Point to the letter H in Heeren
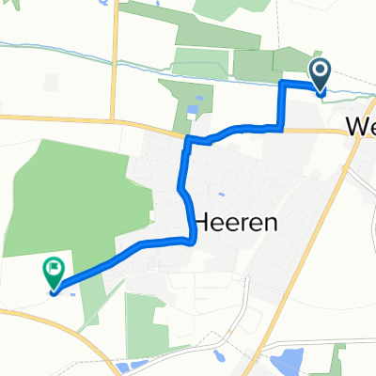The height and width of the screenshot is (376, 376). click(203, 225)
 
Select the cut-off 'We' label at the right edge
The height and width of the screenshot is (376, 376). click(360, 126)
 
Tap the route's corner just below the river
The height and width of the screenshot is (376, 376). click(282, 85)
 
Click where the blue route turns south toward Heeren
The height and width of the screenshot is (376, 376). click(189, 141)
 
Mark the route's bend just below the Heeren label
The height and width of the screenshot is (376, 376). click(192, 241)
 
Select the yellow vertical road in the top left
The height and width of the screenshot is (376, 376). click(114, 56)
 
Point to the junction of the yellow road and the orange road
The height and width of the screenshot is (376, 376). click(114, 120)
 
